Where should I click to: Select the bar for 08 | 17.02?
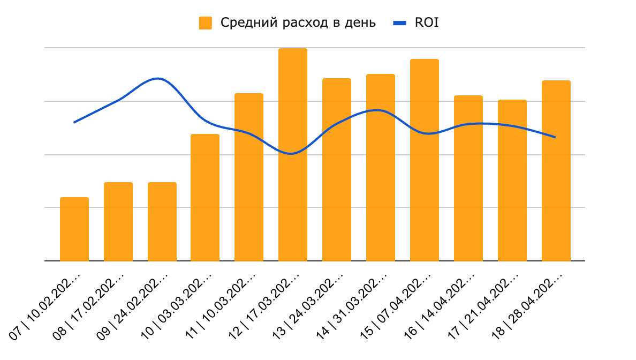coord(118,222)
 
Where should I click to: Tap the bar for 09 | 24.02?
coord(162,222)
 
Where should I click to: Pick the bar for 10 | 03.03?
coord(205,198)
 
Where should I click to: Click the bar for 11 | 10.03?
coord(249,177)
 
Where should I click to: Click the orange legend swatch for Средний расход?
coord(206,23)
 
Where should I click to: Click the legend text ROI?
coord(427,23)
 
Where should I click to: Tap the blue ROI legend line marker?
coord(400,23)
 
